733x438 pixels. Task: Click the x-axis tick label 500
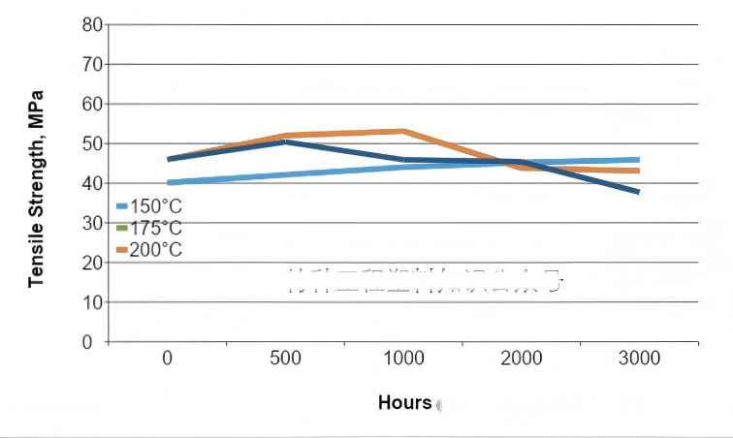tap(285, 360)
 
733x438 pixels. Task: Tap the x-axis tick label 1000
tap(403, 360)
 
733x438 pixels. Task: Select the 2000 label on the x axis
tap(522, 360)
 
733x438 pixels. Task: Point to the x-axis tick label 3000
tap(639, 360)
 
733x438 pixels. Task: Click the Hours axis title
tap(404, 402)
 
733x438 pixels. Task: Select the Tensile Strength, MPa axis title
tap(37, 188)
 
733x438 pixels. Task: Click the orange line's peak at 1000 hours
tap(403, 131)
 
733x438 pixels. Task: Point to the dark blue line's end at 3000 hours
tap(639, 192)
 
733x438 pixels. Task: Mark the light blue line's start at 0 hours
tap(169, 182)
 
